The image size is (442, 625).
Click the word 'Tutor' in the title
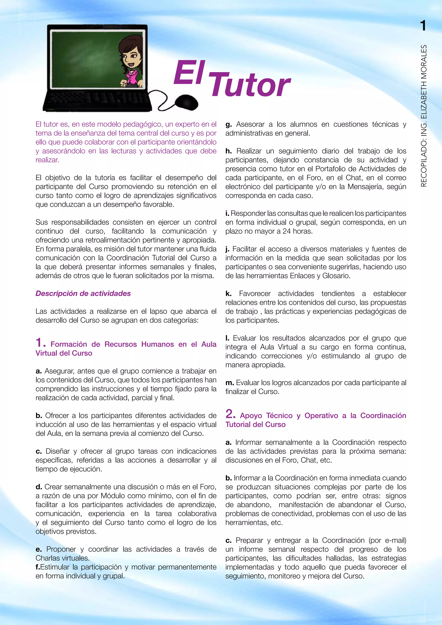[x=250, y=85]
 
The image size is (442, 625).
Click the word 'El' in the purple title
[x=189, y=73]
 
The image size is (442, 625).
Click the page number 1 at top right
[x=423, y=26]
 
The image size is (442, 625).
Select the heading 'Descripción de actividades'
[x=83, y=294]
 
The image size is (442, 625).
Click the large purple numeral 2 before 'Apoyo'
[x=230, y=414]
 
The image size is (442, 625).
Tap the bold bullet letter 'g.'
[x=229, y=125]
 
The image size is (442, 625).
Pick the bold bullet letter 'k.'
[x=228, y=294]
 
